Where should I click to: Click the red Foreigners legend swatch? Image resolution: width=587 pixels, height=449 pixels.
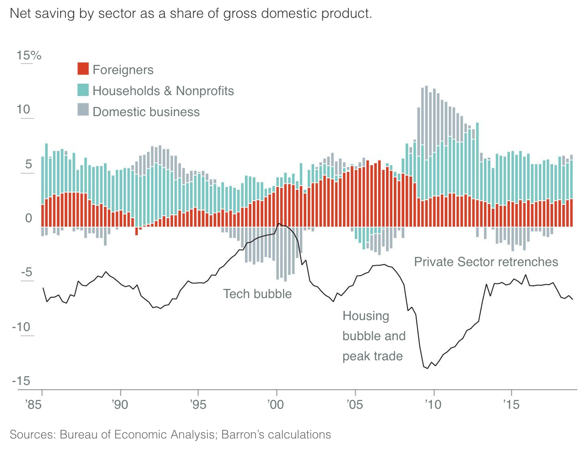point(83,69)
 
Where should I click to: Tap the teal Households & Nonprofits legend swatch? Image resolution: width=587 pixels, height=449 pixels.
point(83,90)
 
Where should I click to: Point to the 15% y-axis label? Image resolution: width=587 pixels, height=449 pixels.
point(29,56)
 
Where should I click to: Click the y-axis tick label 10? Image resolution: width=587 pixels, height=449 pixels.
point(23,110)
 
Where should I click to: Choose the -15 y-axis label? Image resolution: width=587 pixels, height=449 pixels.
point(21,381)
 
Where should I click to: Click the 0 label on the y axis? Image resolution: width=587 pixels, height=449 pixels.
point(28,218)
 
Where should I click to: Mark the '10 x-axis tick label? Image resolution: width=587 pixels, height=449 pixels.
point(433,405)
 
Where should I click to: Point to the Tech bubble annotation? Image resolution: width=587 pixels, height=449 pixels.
point(257,294)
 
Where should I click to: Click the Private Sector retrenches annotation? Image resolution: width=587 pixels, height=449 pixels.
point(486,262)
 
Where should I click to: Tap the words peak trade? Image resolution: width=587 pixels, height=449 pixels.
point(372,356)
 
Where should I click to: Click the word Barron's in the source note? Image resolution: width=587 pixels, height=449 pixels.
point(242,434)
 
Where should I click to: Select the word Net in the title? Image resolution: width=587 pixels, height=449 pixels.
point(20,13)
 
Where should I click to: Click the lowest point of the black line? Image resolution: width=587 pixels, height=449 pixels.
point(428,368)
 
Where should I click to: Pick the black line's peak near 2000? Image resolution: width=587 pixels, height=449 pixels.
point(279,224)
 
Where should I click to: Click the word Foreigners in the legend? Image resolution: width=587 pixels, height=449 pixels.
point(123,69)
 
